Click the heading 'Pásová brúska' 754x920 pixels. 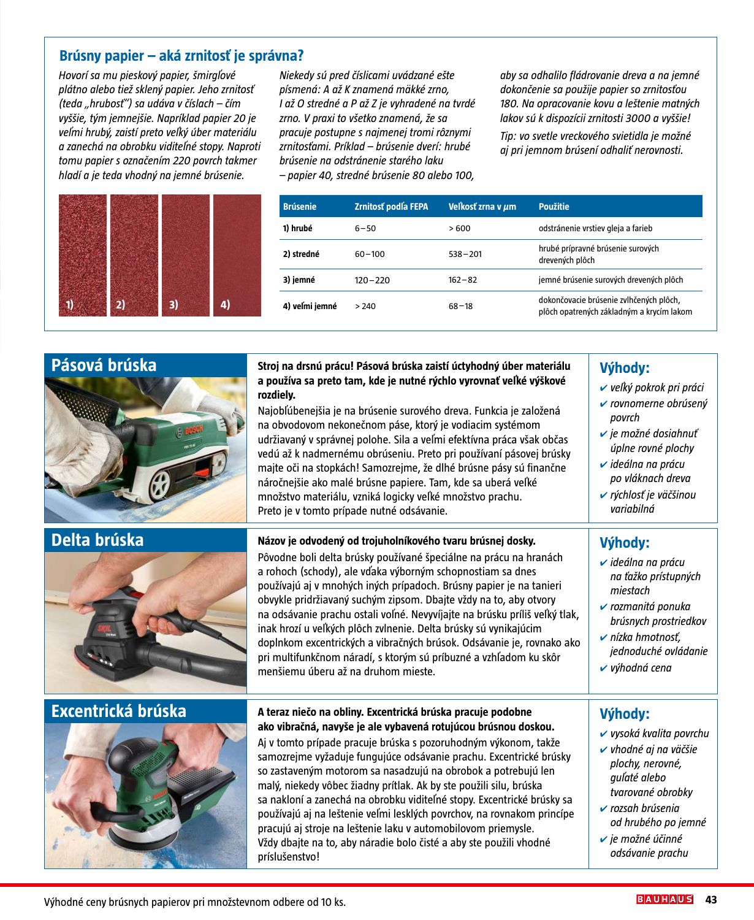click(104, 366)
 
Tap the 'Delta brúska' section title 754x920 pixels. click(97, 540)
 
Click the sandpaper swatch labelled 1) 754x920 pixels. click(82, 255)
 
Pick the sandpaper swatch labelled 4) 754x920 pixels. click(237, 255)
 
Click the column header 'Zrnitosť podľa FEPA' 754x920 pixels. click(391, 207)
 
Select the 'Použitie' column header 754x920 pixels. click(554, 207)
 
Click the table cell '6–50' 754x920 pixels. click(365, 228)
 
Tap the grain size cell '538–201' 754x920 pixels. click(465, 254)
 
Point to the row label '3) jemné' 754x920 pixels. click(299, 280)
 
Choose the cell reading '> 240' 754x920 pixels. click(365, 306)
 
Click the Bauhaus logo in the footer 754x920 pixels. click(665, 899)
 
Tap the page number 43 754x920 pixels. click(711, 900)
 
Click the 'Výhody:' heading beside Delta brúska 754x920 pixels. click(624, 543)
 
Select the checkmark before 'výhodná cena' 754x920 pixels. click(603, 669)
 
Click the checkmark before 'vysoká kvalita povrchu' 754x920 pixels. click(603, 734)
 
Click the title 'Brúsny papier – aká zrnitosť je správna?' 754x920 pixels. click(181, 56)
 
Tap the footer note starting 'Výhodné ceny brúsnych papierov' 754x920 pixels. click(195, 902)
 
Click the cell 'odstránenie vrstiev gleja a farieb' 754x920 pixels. click(595, 228)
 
